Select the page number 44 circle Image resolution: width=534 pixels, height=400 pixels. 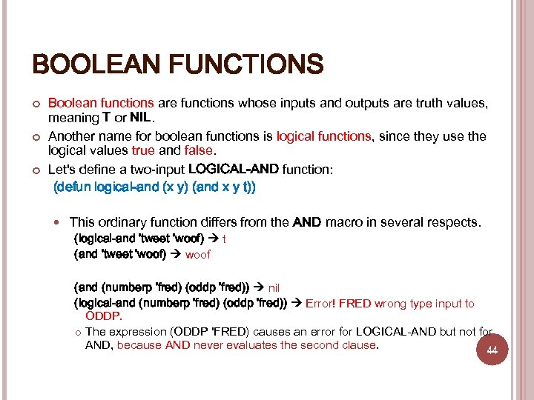pyautogui.click(x=491, y=350)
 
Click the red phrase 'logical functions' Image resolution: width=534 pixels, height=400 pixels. pyautogui.click(x=323, y=136)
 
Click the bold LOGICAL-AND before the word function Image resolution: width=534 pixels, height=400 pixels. pyautogui.click(x=234, y=169)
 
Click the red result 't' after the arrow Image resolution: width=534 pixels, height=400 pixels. pyautogui.click(x=225, y=239)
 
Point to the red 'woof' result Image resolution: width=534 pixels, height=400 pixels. pyautogui.click(x=198, y=254)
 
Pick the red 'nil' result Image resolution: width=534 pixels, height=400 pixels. pyautogui.click(x=274, y=287)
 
